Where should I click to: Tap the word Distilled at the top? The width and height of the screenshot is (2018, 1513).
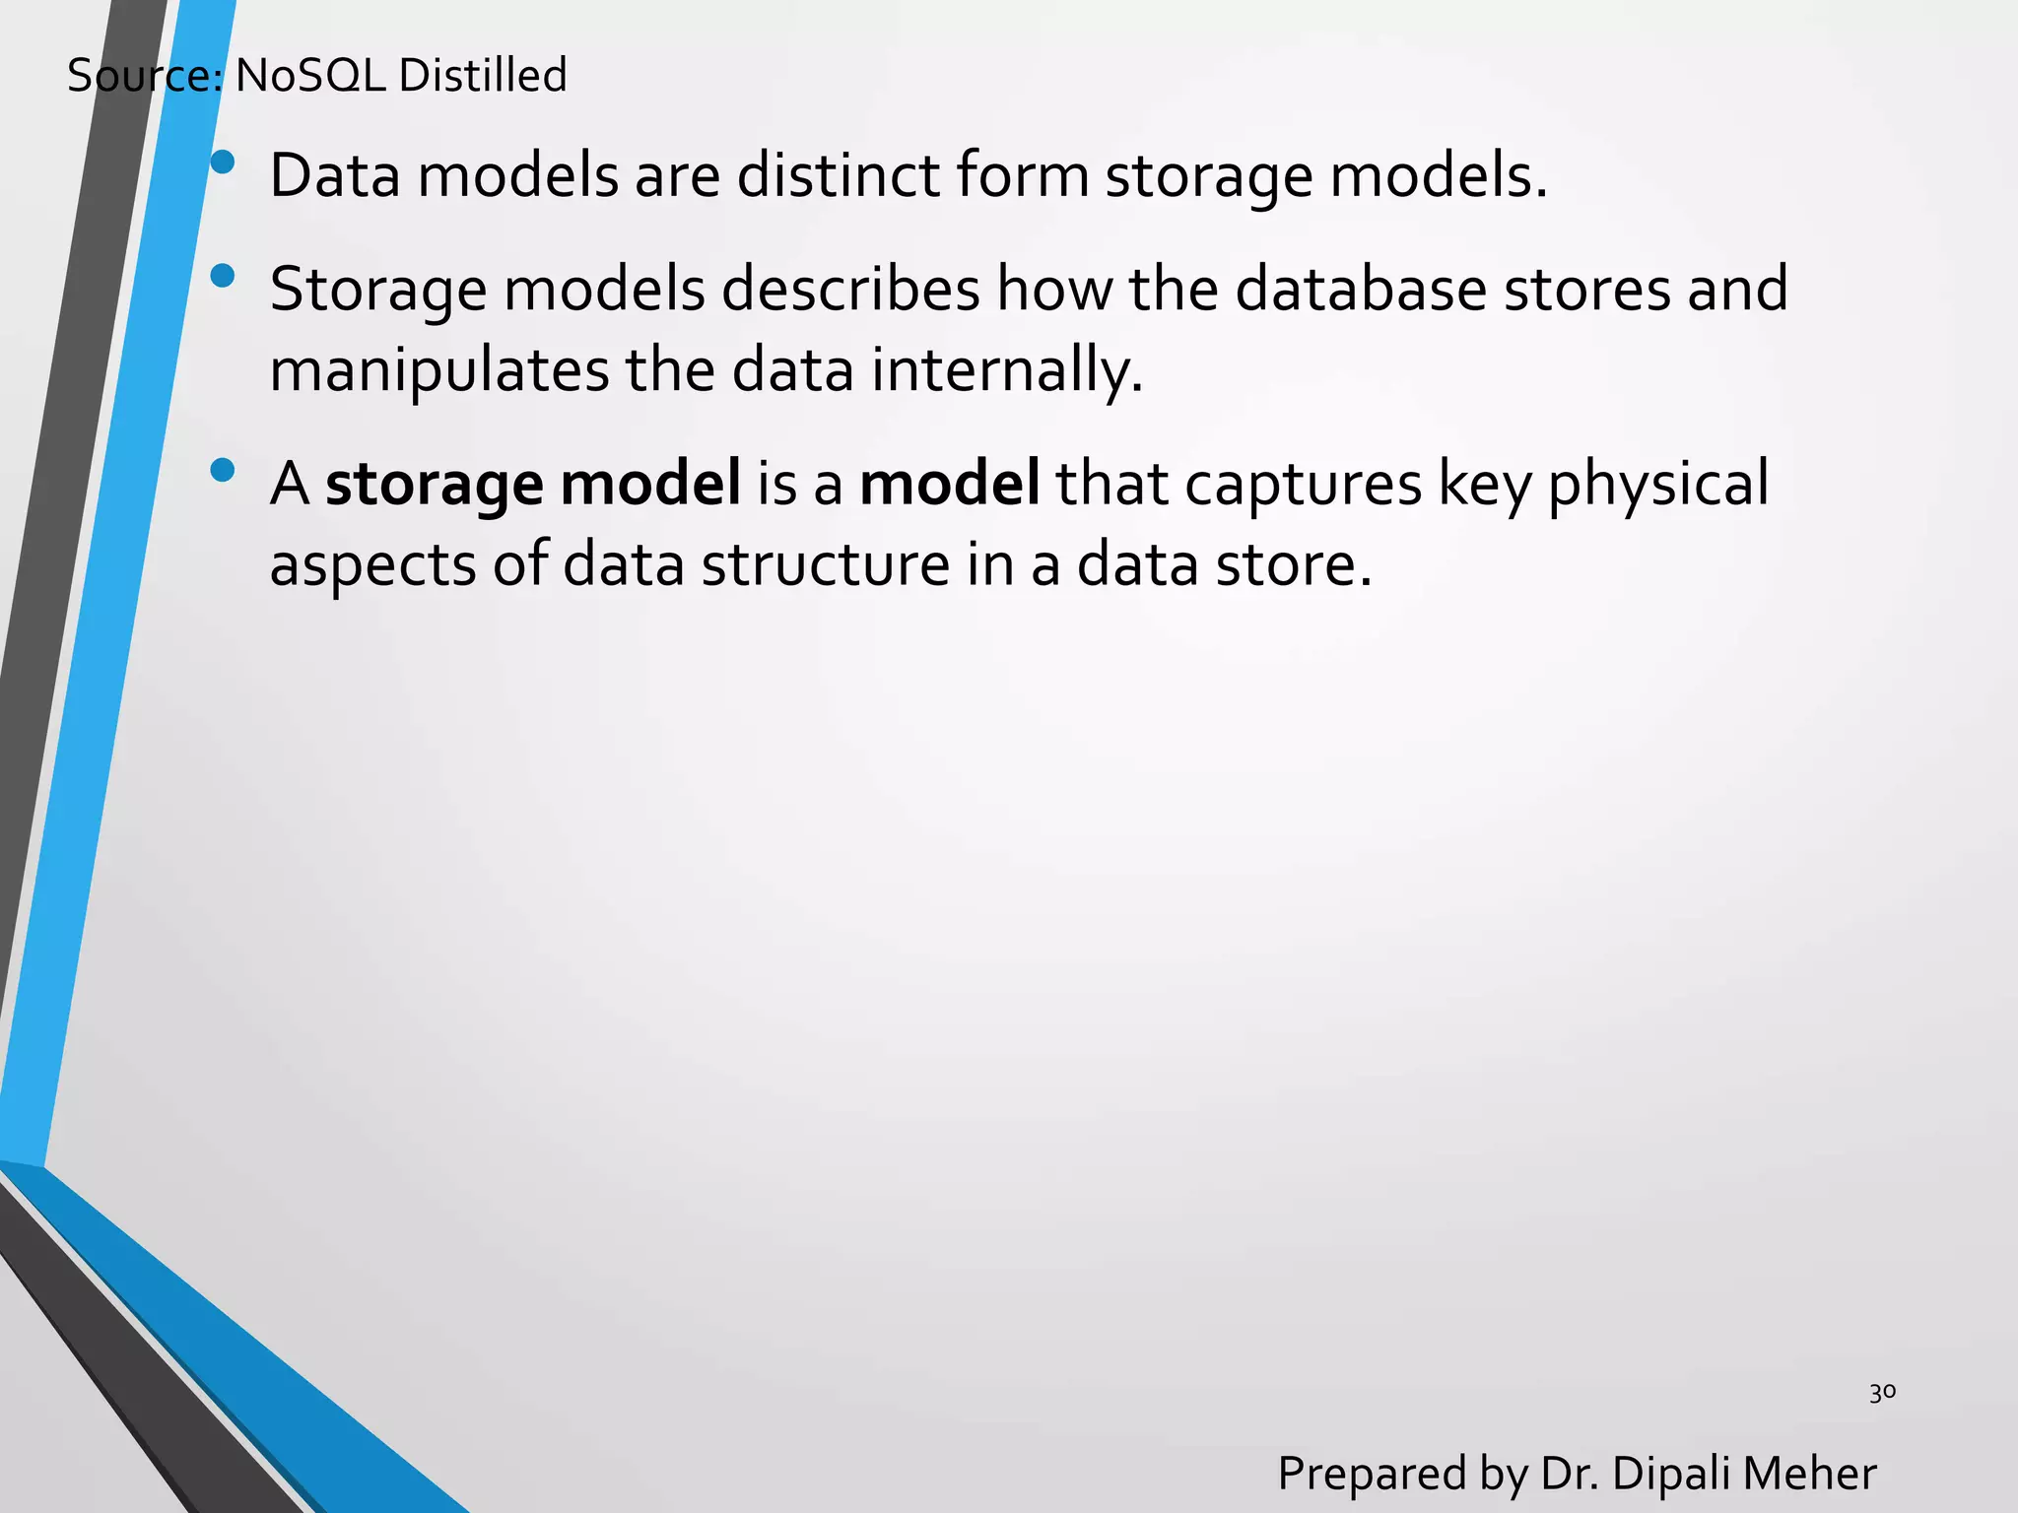[483, 76]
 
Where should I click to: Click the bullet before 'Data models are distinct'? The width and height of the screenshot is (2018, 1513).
[224, 163]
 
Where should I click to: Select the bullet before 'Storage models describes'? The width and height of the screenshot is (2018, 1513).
[224, 276]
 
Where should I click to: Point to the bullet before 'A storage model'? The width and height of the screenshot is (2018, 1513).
[224, 470]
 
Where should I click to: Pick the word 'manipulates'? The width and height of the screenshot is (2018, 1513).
[439, 371]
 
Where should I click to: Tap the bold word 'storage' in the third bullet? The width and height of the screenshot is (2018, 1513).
[434, 485]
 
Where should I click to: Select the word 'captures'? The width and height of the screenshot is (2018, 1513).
[1303, 485]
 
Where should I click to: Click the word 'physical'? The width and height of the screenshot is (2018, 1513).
[1657, 485]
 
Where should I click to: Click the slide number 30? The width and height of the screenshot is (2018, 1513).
[1882, 1393]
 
